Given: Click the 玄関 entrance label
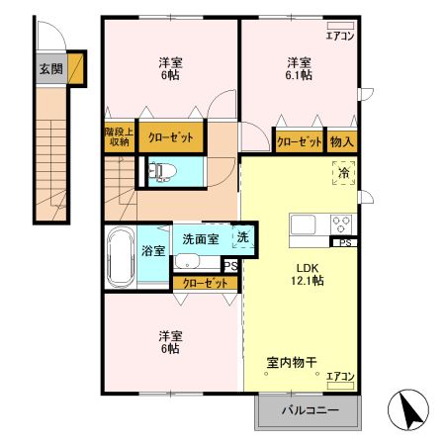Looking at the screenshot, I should (x=50, y=69).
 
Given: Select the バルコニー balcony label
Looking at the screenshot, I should (x=309, y=410).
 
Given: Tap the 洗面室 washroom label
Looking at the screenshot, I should (x=201, y=239).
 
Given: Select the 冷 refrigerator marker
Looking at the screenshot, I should (x=343, y=174).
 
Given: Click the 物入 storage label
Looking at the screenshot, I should (x=341, y=141).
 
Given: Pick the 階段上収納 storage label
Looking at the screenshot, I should (x=118, y=135).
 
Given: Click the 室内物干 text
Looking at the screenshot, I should (x=291, y=363).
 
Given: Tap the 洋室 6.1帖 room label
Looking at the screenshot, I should (x=298, y=68).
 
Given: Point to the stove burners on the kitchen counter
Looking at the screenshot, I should (x=341, y=222).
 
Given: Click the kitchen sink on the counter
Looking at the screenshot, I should (x=302, y=222).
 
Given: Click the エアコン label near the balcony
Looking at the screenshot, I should (x=340, y=377).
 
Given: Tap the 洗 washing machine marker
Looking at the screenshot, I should (x=242, y=236).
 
